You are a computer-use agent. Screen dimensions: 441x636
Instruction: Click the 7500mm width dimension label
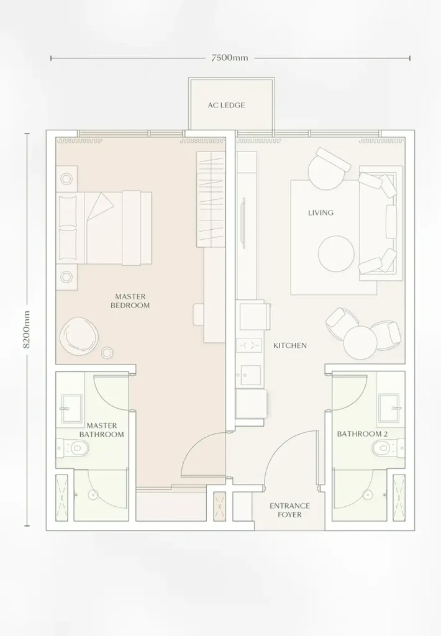point(230,58)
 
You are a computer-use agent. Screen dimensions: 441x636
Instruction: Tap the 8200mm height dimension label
point(27,329)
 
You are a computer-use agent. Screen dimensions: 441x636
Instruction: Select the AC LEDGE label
point(226,105)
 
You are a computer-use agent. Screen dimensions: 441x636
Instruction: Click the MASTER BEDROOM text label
point(130,301)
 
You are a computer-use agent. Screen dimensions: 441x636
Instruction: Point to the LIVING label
point(321,212)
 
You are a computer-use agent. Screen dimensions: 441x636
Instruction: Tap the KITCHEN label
point(289,345)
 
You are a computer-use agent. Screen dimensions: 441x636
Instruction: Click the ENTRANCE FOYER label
point(289,511)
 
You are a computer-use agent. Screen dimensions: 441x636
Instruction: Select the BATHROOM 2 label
point(362,434)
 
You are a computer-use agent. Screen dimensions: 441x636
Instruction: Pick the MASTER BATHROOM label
point(101,430)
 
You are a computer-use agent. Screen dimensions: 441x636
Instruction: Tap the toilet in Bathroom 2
point(388,448)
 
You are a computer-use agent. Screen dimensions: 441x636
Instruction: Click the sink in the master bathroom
point(71,408)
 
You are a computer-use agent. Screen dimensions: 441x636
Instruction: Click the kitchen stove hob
point(250,345)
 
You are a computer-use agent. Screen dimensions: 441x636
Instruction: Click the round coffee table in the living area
point(336,254)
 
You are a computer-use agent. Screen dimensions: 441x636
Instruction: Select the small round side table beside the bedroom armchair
point(107,353)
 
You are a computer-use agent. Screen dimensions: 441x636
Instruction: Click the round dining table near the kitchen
point(360,343)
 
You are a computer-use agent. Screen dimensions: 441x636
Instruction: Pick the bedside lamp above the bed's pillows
point(66,178)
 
